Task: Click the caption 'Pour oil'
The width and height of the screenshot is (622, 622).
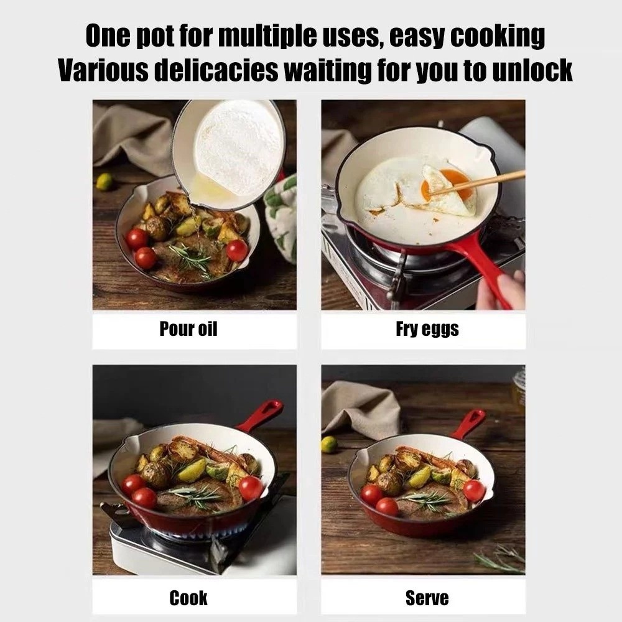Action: tap(188, 329)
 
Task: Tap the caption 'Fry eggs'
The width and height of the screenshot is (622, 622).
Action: tap(427, 329)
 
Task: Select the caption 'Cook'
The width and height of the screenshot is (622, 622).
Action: tap(188, 598)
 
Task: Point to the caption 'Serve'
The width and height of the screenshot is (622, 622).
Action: tap(427, 598)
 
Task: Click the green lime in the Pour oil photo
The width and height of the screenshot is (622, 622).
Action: tap(104, 182)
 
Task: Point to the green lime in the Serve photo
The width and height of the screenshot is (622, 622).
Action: tap(329, 444)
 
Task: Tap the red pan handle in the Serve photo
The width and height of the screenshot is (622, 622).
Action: tap(470, 423)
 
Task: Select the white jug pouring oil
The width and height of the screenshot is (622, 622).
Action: tap(230, 152)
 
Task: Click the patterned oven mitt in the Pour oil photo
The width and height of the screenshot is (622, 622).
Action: tap(282, 218)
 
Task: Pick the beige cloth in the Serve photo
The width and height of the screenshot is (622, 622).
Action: tap(361, 407)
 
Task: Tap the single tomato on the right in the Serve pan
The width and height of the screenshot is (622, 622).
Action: tap(474, 490)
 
